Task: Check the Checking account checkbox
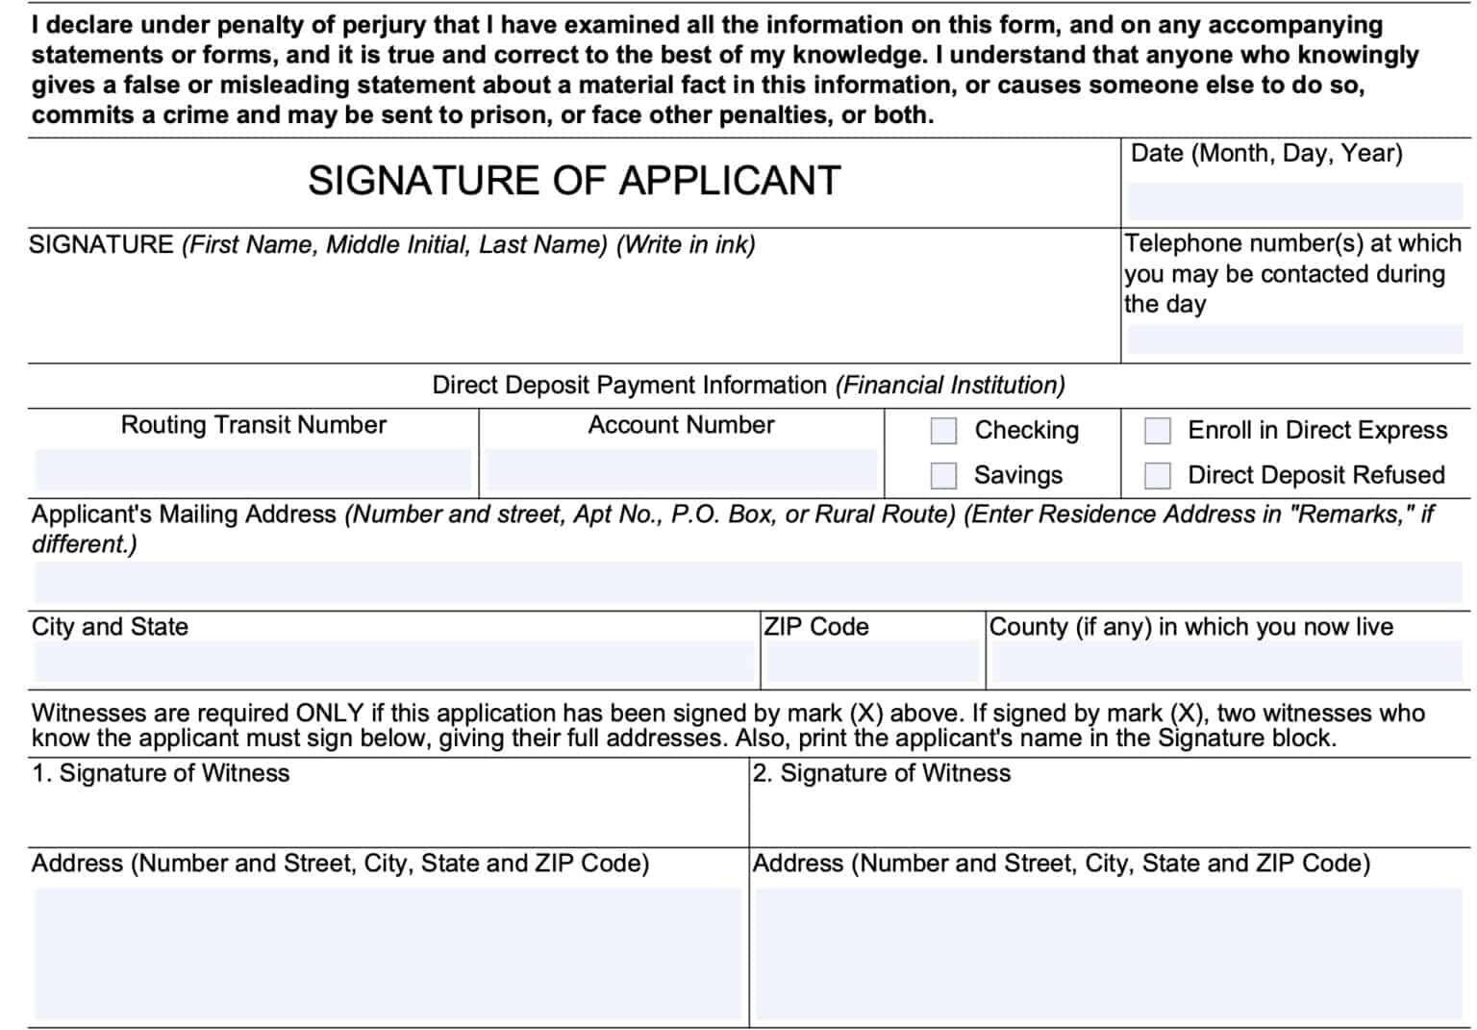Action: [943, 431]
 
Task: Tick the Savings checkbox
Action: [943, 475]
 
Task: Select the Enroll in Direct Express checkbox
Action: [1157, 431]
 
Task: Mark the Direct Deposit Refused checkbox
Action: [1157, 475]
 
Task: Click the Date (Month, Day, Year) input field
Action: [1294, 202]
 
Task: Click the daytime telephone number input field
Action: [1294, 339]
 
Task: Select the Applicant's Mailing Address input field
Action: [748, 583]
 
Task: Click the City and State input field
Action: [394, 663]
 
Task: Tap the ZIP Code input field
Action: [871, 663]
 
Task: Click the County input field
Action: [1227, 663]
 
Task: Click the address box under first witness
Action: [388, 952]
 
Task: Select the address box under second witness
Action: [1112, 952]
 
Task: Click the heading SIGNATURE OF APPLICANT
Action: [574, 181]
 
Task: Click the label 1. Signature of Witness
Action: [161, 773]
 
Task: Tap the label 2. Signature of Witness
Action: [881, 773]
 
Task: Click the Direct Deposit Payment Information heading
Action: [748, 386]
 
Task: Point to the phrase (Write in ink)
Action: [686, 245]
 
